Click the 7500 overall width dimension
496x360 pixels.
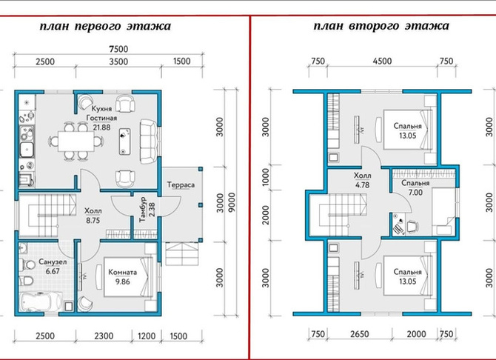(x=118, y=49)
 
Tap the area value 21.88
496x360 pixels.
(x=102, y=127)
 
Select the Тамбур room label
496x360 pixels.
(x=143, y=209)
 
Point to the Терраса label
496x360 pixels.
(x=181, y=184)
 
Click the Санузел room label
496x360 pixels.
(x=53, y=261)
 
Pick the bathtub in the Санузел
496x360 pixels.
(x=41, y=301)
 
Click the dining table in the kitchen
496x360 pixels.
(x=76, y=141)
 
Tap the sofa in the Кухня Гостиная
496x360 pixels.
(x=149, y=141)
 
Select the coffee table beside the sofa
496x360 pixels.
(x=125, y=141)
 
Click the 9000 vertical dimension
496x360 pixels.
(x=232, y=203)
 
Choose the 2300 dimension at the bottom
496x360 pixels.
(x=104, y=336)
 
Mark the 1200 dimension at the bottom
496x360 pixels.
(x=147, y=336)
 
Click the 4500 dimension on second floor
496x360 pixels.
(x=382, y=61)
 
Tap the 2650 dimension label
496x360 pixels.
(x=360, y=334)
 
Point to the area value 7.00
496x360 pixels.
(x=415, y=192)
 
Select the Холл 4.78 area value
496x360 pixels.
(x=362, y=185)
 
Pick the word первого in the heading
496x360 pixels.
(x=98, y=26)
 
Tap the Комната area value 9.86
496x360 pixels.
(x=122, y=281)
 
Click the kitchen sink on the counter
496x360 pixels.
(x=27, y=149)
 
